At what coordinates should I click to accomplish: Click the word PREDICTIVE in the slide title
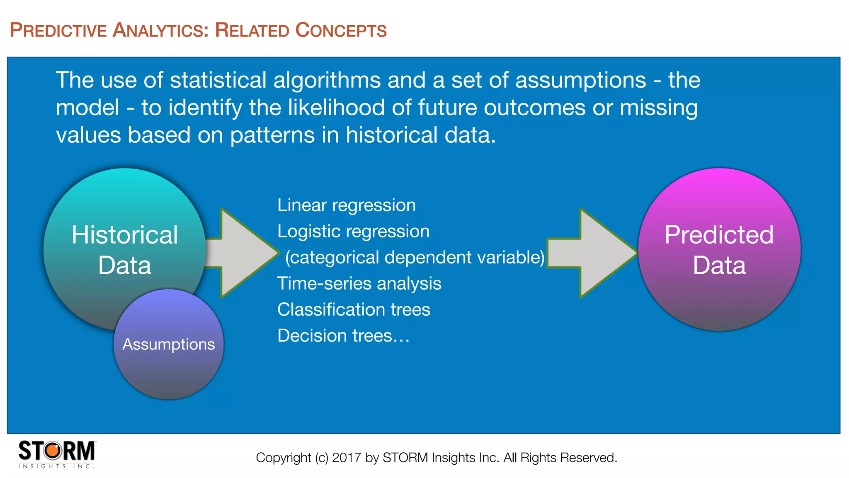pos(58,31)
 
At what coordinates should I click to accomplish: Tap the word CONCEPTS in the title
pos(341,31)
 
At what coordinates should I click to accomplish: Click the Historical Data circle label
pos(125,250)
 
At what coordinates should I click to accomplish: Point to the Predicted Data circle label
pos(719,250)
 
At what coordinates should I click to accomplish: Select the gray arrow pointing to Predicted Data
pos(597,253)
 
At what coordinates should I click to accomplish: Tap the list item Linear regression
pos(347,205)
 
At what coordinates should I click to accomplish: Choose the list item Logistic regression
pos(353,232)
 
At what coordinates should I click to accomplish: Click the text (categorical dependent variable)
pos(415,258)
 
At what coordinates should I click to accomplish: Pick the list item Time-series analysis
pos(359,284)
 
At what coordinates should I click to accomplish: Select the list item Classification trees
pos(354,310)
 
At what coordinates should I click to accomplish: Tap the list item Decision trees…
pos(343,336)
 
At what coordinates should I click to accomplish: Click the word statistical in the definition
pos(218,80)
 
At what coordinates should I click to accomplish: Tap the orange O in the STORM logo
pos(53,451)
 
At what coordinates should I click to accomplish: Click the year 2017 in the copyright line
pos(347,458)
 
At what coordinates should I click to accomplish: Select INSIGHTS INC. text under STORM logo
pos(56,466)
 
